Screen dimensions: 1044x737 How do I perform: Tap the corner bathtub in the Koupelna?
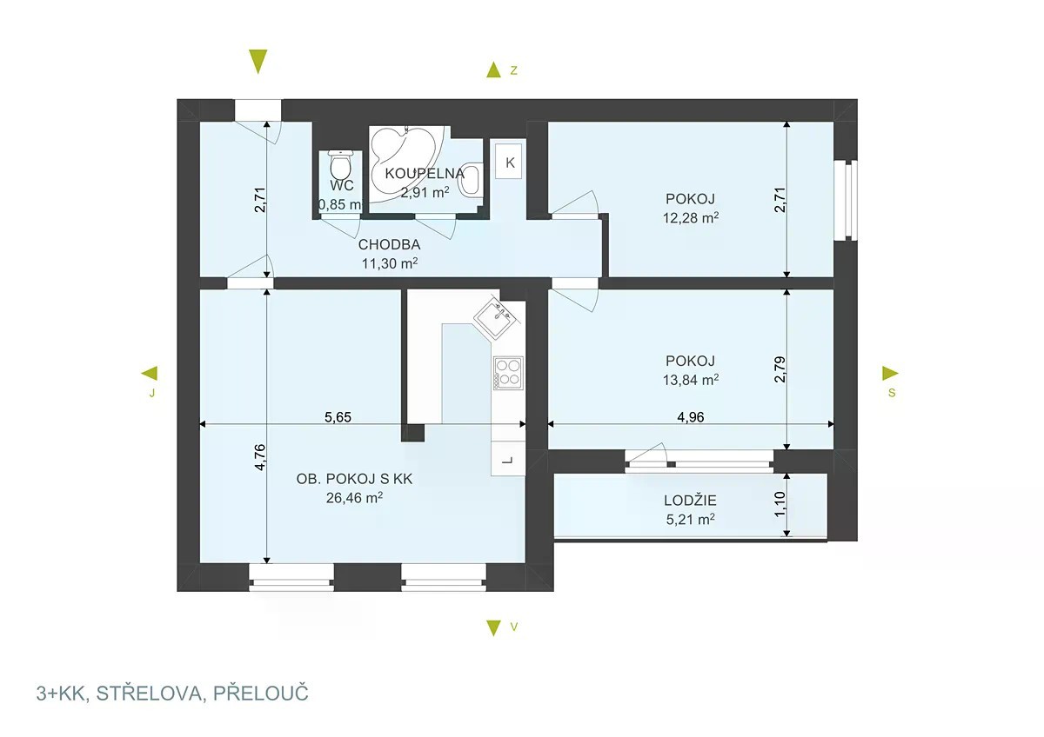[x=404, y=163]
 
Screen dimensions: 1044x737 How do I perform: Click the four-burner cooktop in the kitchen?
[x=508, y=373]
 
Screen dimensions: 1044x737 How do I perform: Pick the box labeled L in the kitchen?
[x=508, y=459]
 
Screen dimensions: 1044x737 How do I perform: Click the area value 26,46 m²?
[x=354, y=498]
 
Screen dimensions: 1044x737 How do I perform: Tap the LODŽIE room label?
[x=690, y=501]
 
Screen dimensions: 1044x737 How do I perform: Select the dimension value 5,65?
[x=338, y=416]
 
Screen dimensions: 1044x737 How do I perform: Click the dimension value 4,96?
[x=690, y=416]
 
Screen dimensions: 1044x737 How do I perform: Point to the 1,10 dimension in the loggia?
[x=780, y=504]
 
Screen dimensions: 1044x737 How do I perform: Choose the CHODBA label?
[x=389, y=244]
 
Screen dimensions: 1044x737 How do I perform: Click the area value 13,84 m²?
[x=690, y=380]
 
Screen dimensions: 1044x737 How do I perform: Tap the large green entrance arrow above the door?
[x=258, y=62]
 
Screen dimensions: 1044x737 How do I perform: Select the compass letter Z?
[x=513, y=70]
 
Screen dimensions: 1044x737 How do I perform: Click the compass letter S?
[x=892, y=393]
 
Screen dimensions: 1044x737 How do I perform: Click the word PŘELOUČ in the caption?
[x=260, y=694]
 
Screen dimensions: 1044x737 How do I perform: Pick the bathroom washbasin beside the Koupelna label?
[x=471, y=180]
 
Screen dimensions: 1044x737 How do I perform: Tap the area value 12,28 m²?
[x=690, y=218]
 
